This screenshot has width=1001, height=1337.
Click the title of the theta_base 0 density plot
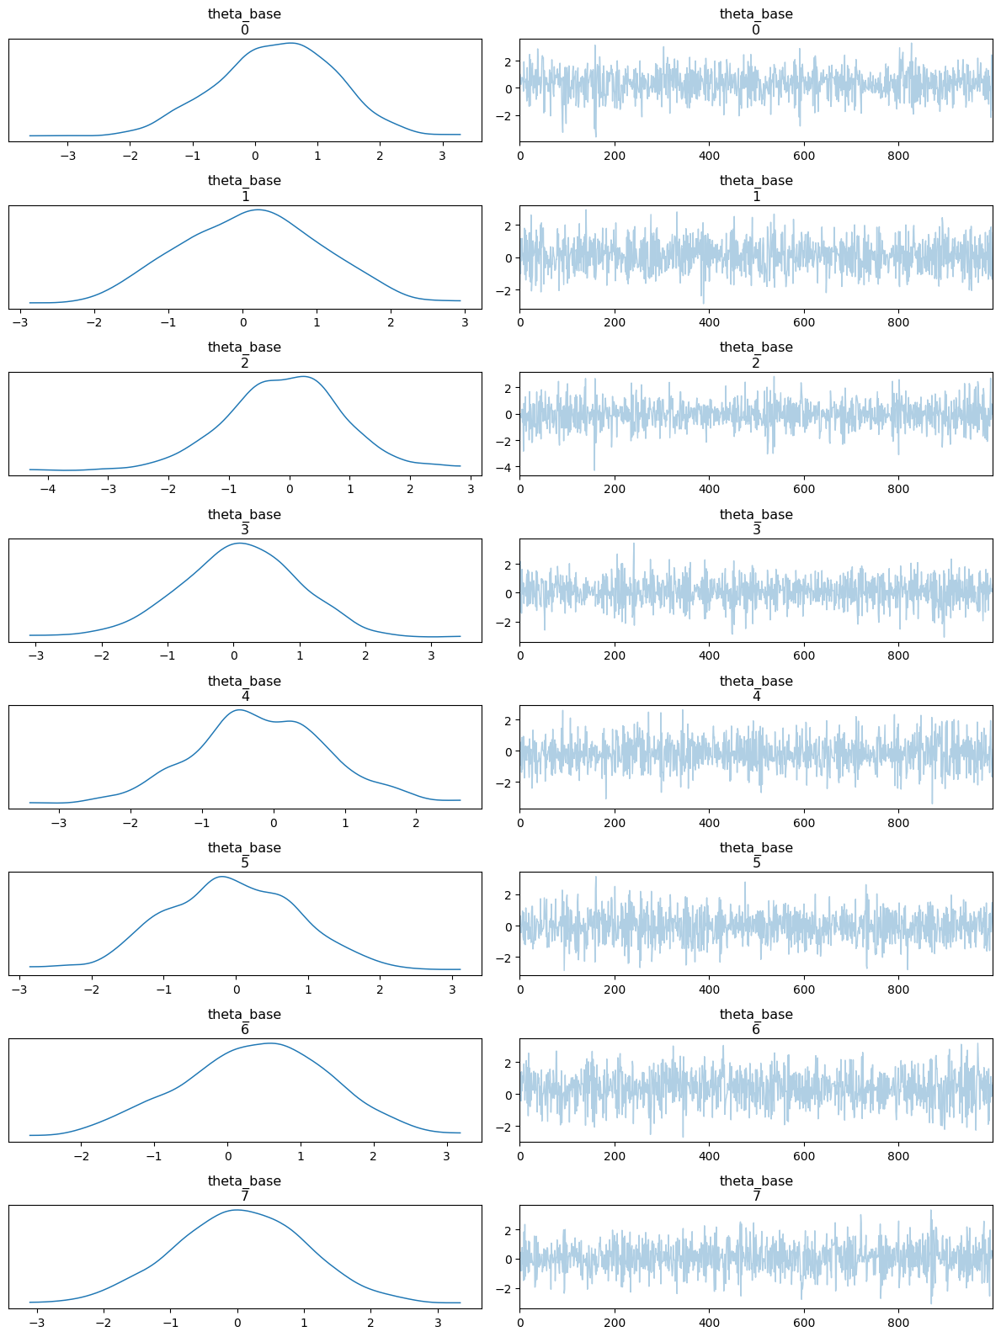244,22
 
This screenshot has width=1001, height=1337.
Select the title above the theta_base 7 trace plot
756,1189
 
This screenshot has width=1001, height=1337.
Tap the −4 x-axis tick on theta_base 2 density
48,489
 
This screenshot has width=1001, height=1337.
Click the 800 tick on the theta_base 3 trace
899,655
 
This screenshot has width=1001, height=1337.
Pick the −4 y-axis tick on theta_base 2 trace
508,467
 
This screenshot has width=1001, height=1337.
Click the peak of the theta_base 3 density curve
240,543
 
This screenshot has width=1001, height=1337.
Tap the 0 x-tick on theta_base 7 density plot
237,1322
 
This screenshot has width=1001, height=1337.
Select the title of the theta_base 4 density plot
244,688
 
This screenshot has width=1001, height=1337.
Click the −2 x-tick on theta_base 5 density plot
92,989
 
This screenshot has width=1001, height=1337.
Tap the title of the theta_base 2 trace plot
756,355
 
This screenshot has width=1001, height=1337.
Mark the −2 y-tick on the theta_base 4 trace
508,783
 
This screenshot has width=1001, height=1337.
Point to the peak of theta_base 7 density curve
237,1210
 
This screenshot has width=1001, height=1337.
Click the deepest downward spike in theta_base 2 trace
594,470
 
